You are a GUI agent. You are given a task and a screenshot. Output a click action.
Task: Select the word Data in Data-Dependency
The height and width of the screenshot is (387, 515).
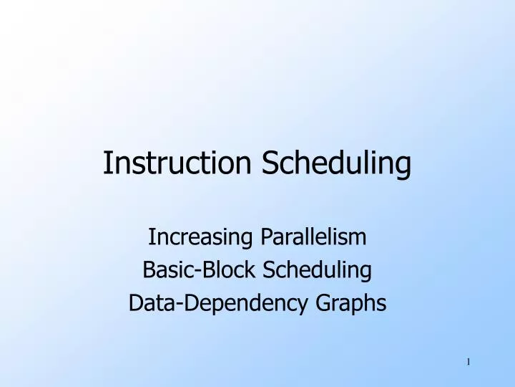146,303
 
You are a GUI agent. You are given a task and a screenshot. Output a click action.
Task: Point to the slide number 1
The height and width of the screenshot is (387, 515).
468,362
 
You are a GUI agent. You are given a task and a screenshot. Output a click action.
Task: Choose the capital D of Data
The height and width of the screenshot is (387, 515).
134,303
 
